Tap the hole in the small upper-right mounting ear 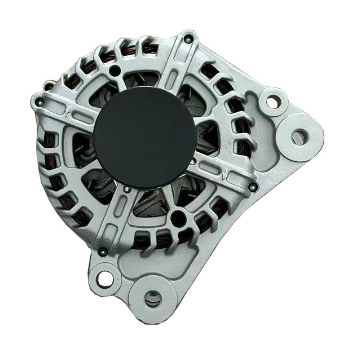pyautogui.click(x=272, y=102)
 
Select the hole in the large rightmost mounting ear pyautogui.click(x=299, y=137)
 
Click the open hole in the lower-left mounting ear pyautogui.click(x=104, y=278)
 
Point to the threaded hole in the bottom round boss pyautogui.click(x=152, y=298)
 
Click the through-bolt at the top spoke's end pyautogui.click(x=188, y=39)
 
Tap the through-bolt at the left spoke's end pyautogui.click(x=40, y=102)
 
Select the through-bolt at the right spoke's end pyautogui.click(x=252, y=187)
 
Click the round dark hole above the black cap pyautogui.click(x=116, y=71)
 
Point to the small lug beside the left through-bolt pyautogui.click(x=49, y=86)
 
